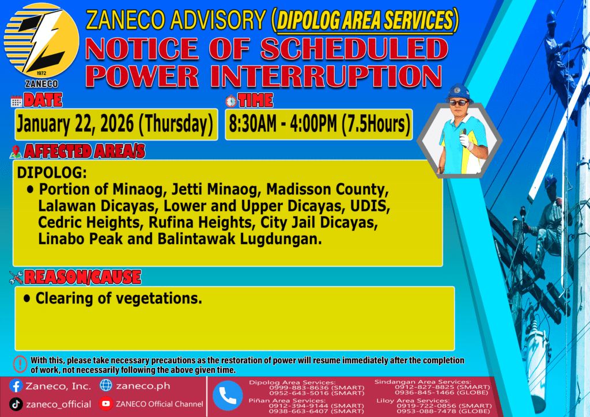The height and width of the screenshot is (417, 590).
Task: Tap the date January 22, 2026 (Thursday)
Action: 115,124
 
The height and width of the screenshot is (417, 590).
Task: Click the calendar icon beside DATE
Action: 16,101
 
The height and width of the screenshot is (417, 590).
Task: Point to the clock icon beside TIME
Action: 231,101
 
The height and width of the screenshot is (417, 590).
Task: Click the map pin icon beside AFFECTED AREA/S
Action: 16,152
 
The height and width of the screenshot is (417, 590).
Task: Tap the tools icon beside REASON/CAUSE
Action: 16,278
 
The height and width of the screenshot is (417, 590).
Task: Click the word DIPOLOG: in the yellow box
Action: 52,173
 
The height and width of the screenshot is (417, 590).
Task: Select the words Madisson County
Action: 327,189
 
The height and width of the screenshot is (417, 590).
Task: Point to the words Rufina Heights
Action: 200,222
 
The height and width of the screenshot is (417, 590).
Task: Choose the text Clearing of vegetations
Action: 119,298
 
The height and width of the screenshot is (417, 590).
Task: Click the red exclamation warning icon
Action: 20,364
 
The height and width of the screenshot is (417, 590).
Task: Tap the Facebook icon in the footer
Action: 16,386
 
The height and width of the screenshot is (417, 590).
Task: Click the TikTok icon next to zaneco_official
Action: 16,404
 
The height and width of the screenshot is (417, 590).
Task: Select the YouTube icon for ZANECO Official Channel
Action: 106,404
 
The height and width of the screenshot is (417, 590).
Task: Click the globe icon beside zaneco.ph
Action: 106,385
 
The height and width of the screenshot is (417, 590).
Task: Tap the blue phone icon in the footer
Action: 228,396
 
